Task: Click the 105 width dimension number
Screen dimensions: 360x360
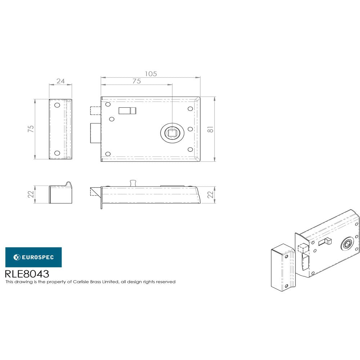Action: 151,73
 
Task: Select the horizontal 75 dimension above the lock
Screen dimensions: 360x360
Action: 136,81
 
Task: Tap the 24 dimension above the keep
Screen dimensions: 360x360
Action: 60,81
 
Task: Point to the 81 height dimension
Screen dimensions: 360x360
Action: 211,129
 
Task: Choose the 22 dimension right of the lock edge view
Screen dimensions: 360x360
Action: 211,194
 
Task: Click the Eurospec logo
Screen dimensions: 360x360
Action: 33,257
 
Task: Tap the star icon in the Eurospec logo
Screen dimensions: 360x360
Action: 17,257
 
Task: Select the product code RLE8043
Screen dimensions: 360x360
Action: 27,274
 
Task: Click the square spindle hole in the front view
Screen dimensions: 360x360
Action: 172,132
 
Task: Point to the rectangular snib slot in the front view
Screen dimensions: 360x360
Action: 127,111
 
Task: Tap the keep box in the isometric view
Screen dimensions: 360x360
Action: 283,266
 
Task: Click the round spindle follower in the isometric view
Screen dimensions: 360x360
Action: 346,244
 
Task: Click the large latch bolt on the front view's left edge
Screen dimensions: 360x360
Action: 95,132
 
